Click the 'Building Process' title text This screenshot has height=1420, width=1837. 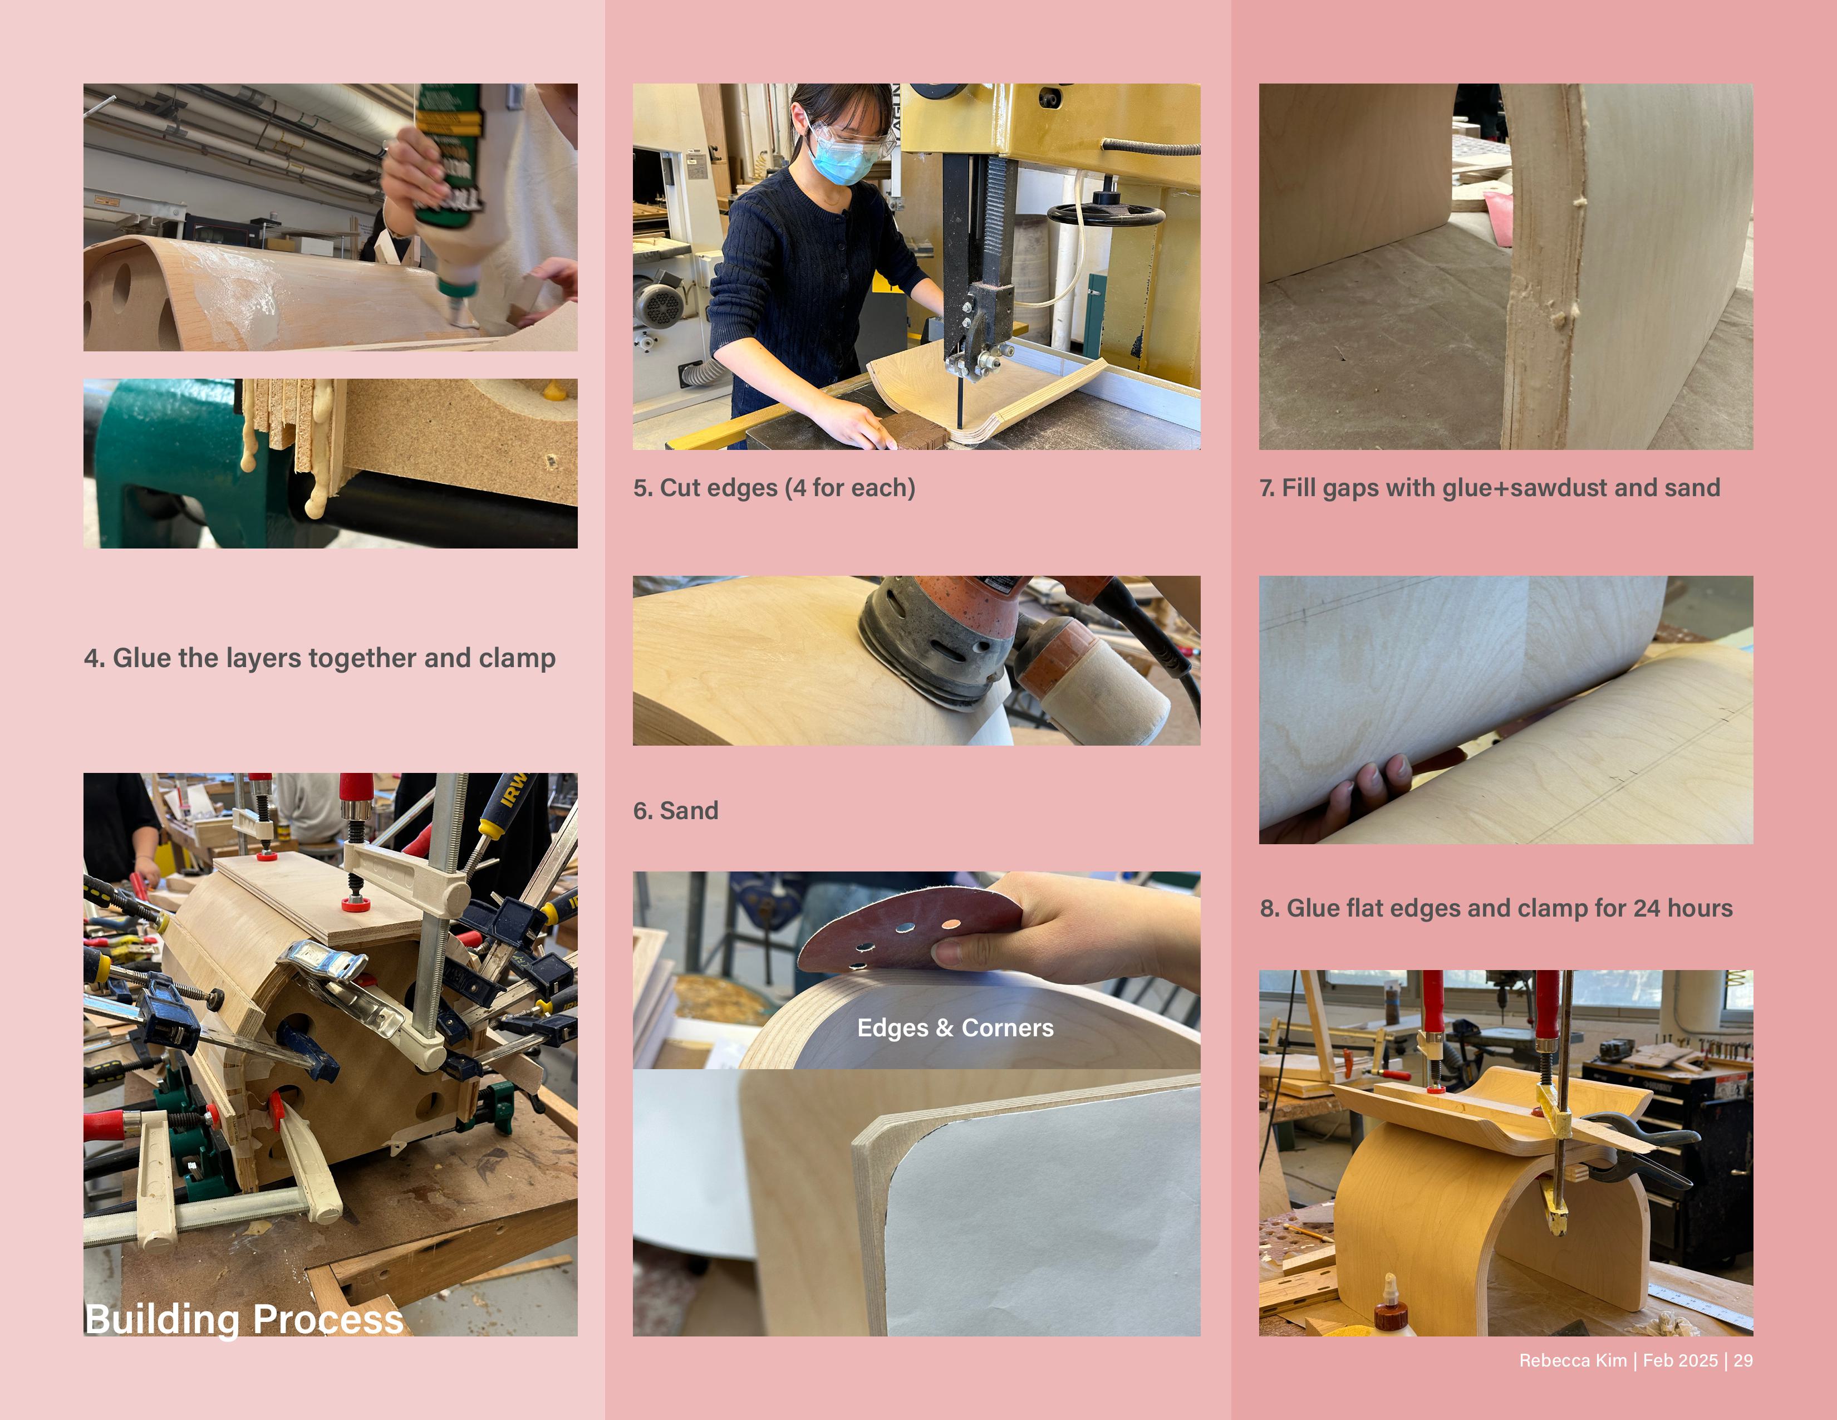click(244, 1318)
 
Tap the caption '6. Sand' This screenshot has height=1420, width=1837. click(675, 811)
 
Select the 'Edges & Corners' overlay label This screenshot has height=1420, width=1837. click(955, 1028)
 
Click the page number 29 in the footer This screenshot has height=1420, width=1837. click(1743, 1361)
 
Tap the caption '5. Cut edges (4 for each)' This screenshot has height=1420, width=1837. click(774, 488)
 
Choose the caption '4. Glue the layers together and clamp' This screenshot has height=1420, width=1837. click(320, 658)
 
